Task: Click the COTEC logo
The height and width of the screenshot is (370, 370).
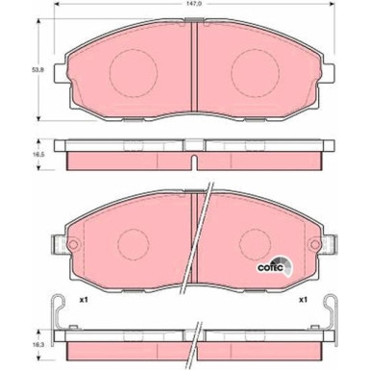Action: (275, 267)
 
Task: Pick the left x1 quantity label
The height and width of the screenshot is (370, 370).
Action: (84, 300)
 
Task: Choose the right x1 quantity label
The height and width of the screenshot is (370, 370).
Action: (303, 300)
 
